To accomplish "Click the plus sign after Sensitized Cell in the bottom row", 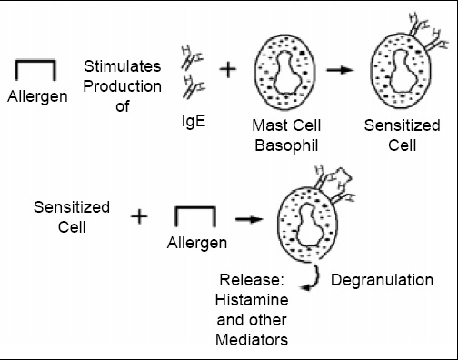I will [139, 216].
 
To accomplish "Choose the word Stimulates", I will [122, 66].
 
